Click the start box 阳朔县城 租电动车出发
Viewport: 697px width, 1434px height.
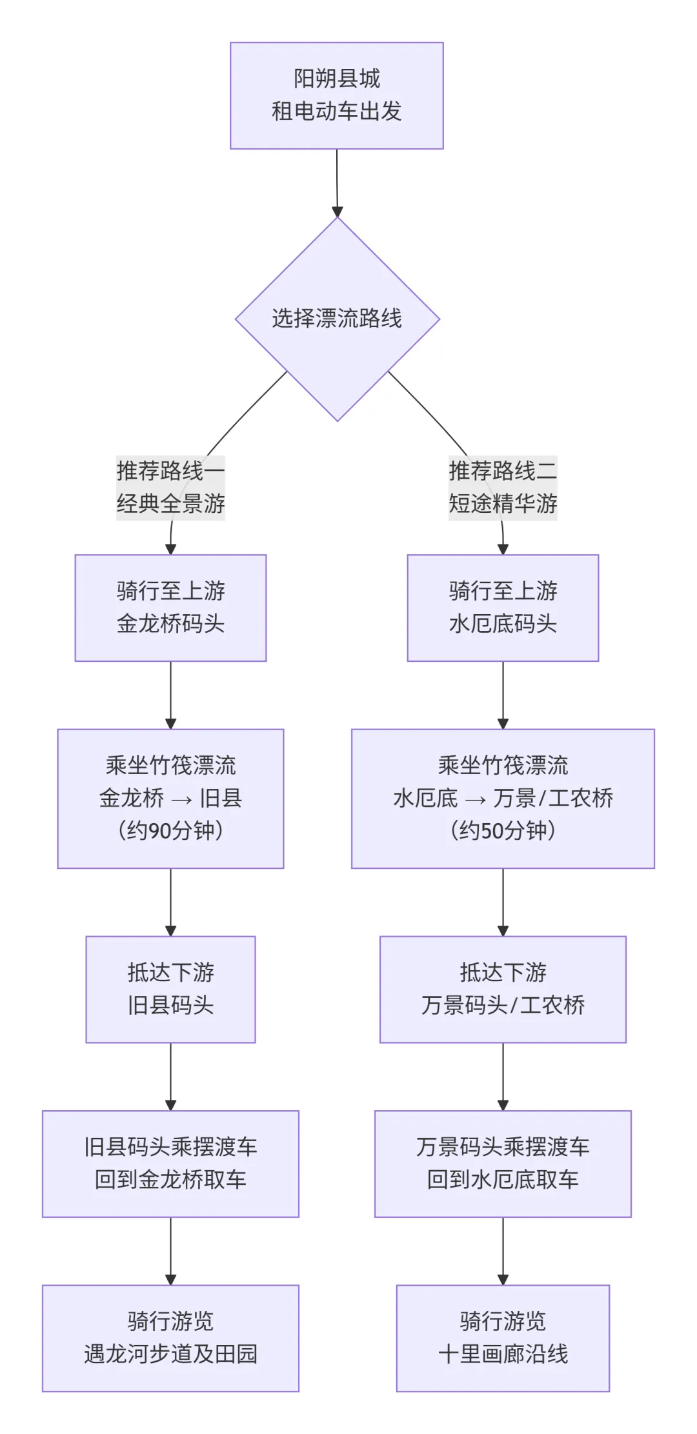point(336,95)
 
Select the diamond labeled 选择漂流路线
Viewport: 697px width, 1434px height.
point(337,319)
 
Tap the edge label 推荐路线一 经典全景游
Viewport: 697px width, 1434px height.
point(170,487)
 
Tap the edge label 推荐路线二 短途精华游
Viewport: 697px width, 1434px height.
point(503,487)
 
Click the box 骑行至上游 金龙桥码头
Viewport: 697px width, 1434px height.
point(170,608)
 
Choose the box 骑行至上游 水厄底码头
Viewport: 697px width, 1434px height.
point(503,608)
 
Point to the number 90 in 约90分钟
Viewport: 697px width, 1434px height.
point(159,830)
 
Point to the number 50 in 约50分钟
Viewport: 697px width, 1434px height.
point(491,830)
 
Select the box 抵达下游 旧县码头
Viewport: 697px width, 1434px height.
point(170,989)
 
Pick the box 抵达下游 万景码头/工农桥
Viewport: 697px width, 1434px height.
point(503,989)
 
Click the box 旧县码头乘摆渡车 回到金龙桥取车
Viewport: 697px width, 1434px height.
point(170,1163)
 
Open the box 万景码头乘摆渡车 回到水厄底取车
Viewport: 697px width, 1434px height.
point(503,1163)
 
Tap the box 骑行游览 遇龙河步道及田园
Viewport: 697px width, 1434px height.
point(170,1337)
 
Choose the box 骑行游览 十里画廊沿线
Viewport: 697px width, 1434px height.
point(503,1337)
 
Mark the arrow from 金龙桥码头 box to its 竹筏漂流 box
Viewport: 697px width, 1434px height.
point(170,695)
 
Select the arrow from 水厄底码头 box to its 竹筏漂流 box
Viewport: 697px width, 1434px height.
point(503,695)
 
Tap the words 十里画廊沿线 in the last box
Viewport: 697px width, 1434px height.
point(503,1354)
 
